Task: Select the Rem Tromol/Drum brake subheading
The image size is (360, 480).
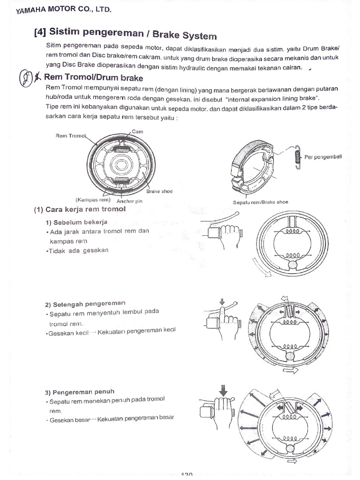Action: click(x=93, y=78)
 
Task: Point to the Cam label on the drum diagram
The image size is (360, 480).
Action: click(x=137, y=132)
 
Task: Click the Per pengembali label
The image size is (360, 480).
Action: click(x=323, y=157)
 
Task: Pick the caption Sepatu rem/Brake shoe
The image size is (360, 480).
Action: click(x=261, y=202)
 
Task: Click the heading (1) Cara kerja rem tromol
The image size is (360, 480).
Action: click(x=80, y=210)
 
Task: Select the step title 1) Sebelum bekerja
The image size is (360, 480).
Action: click(x=77, y=221)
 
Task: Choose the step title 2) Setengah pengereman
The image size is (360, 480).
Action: click(x=85, y=303)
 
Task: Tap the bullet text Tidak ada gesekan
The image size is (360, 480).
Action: click(x=77, y=250)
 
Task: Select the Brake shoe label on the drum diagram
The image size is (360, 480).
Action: click(x=159, y=191)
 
